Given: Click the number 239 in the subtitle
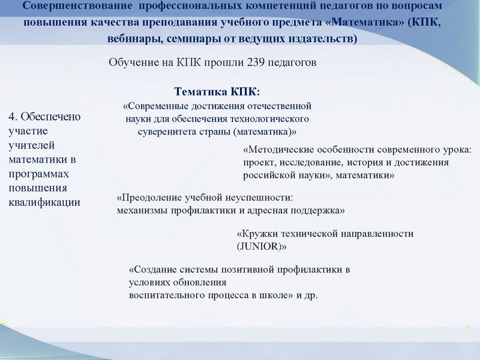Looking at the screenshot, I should (x=256, y=62).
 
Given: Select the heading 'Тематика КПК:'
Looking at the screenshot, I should (x=217, y=92).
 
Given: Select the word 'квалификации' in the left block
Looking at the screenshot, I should (x=44, y=202).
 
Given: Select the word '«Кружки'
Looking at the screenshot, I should (x=258, y=233).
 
